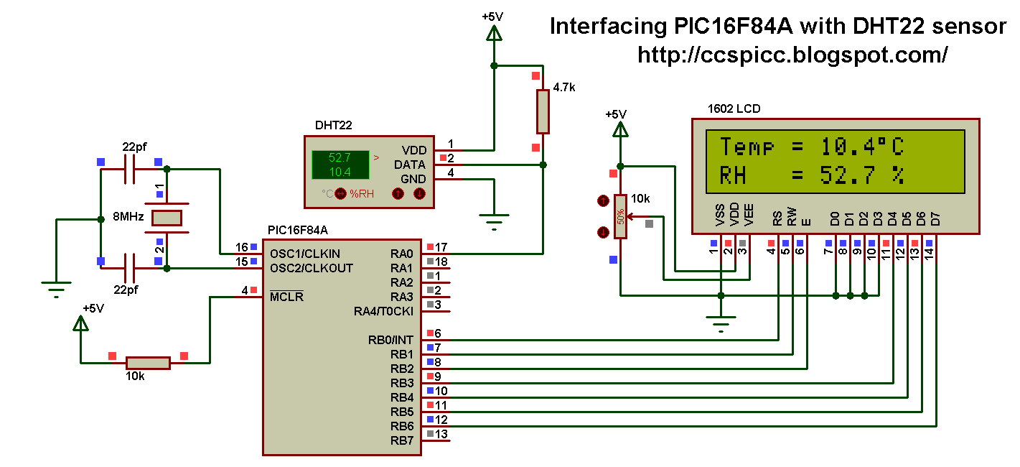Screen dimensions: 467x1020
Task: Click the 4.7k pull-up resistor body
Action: pos(543,111)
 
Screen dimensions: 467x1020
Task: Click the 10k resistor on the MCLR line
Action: pos(148,363)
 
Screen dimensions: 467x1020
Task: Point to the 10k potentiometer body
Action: pos(619,216)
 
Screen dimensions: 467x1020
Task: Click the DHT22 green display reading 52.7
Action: pos(340,157)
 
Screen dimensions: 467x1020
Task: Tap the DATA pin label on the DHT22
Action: pos(410,165)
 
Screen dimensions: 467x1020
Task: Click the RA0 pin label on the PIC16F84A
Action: pos(402,254)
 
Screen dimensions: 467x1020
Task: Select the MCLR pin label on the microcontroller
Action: pos(287,297)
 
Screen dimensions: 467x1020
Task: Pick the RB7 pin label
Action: pos(402,440)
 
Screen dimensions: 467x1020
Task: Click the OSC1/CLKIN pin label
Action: pos(305,254)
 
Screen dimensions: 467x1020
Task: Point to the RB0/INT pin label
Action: pos(391,340)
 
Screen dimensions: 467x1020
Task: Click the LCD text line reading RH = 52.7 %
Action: pos(811,175)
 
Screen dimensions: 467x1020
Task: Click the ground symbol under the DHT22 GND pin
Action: pos(494,218)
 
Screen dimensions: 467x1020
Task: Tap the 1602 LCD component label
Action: pos(734,108)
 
